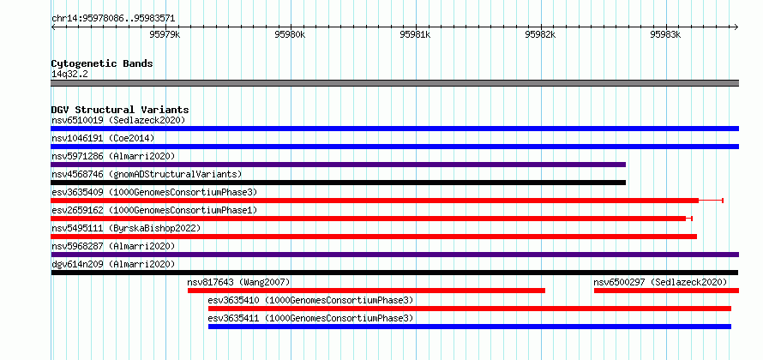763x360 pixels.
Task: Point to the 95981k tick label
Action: [x=416, y=34]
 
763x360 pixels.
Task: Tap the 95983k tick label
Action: [x=665, y=34]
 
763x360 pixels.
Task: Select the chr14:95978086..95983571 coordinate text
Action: [x=113, y=19]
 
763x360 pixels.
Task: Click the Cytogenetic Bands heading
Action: [x=102, y=63]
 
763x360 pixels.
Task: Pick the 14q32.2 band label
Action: [x=69, y=75]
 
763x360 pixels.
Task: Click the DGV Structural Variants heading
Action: [x=120, y=110]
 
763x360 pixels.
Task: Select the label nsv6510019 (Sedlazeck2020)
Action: [x=118, y=120]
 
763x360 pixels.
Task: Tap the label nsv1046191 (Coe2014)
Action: [x=103, y=138]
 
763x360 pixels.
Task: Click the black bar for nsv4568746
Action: [x=338, y=183]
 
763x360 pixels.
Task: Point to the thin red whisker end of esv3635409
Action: [x=723, y=201]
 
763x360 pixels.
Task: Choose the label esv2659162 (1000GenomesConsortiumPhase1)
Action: [x=154, y=210]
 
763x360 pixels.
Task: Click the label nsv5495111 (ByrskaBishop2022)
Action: [x=126, y=228]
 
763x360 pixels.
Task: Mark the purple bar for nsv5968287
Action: [x=395, y=255]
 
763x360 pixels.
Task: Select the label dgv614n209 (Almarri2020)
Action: [x=113, y=264]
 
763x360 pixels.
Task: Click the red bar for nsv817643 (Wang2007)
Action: [x=366, y=291]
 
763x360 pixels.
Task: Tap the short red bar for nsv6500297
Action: [x=667, y=291]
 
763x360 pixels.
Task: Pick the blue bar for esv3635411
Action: [x=470, y=327]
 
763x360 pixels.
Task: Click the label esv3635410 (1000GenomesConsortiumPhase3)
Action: [x=310, y=300]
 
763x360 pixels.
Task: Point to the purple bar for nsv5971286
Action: [x=338, y=165]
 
